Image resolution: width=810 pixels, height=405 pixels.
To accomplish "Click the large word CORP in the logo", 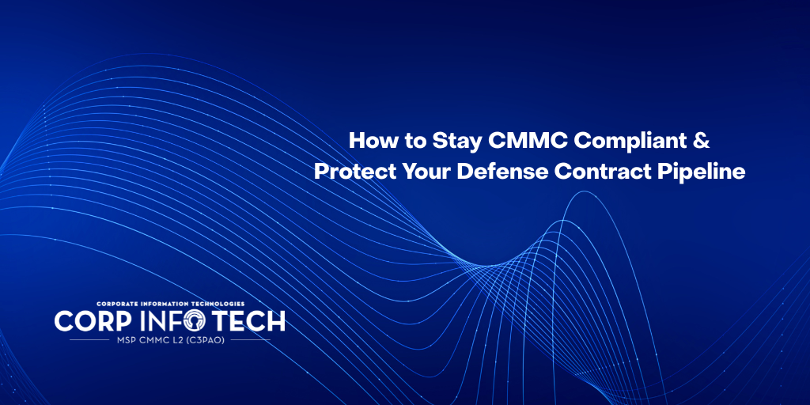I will point(89,321).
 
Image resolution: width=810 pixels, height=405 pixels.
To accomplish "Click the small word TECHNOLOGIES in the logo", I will point(221,304).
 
